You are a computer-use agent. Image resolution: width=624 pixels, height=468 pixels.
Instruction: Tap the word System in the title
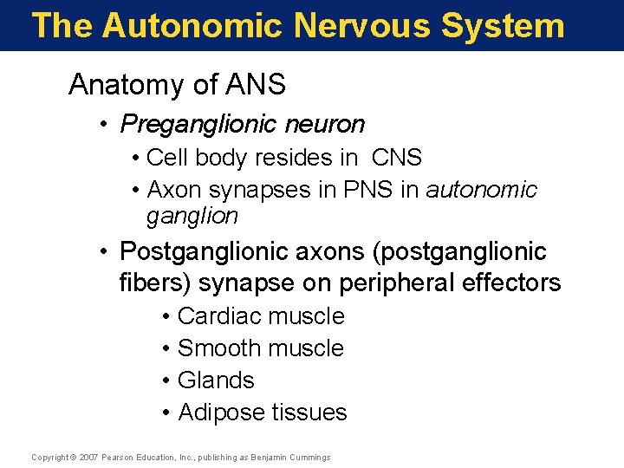click(x=503, y=25)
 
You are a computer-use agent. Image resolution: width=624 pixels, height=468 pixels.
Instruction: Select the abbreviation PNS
click(x=364, y=189)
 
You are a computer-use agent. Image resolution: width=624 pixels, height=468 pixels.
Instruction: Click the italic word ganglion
click(x=192, y=215)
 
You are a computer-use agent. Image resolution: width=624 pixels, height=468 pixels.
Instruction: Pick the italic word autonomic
click(x=482, y=189)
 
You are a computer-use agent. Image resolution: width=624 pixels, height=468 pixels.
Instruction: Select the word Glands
click(x=216, y=380)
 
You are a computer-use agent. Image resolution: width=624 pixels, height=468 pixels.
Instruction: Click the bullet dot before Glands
click(x=166, y=380)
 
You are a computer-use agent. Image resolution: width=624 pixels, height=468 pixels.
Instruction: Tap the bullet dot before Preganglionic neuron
click(x=103, y=125)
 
